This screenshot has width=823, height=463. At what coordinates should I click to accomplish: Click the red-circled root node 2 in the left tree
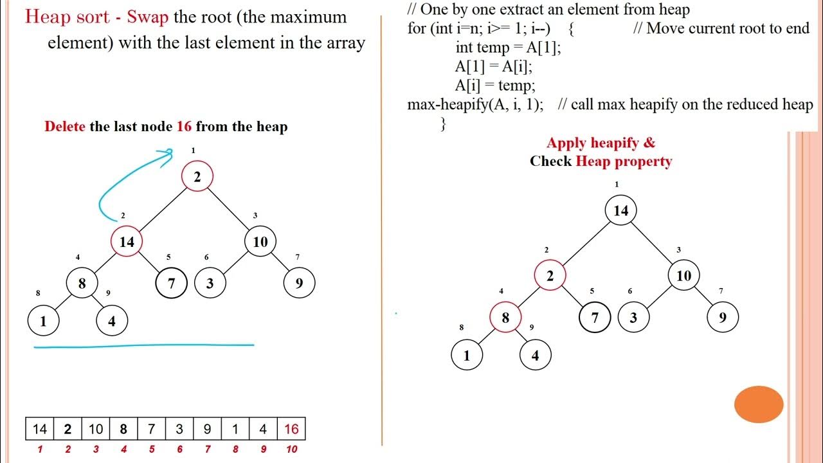coord(197,177)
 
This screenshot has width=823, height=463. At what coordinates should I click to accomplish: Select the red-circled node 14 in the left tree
coord(127,242)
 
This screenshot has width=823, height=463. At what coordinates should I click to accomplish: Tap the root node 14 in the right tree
coord(620,211)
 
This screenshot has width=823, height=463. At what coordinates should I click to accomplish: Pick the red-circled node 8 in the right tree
coord(505,318)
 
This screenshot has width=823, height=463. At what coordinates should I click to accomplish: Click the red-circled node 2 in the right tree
coord(550,276)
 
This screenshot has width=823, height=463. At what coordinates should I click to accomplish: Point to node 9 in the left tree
coord(299,283)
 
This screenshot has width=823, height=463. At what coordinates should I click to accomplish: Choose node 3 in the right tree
coord(633,318)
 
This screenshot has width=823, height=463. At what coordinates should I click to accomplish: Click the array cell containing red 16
coord(291,429)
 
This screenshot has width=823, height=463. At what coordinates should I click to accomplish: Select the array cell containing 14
coord(40,429)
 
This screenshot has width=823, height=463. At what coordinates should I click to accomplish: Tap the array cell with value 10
coord(96,429)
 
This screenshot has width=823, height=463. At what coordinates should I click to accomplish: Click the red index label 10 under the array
coord(291,449)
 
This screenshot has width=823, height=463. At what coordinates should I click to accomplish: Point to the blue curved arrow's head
coord(169,152)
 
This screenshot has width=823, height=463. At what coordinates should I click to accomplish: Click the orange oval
coord(759,404)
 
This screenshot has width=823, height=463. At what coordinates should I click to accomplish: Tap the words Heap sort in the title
coord(66,17)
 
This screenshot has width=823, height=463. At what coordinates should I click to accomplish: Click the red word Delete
coord(64,127)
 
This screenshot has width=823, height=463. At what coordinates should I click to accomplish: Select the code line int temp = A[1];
coord(508,48)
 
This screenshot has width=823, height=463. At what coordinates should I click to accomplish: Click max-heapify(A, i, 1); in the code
coord(475,104)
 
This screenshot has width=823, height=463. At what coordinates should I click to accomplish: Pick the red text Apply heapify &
coord(601,143)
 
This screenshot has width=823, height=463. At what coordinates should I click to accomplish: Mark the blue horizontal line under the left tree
coord(143,346)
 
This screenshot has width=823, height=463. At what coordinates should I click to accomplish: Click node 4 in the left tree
coord(112,322)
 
